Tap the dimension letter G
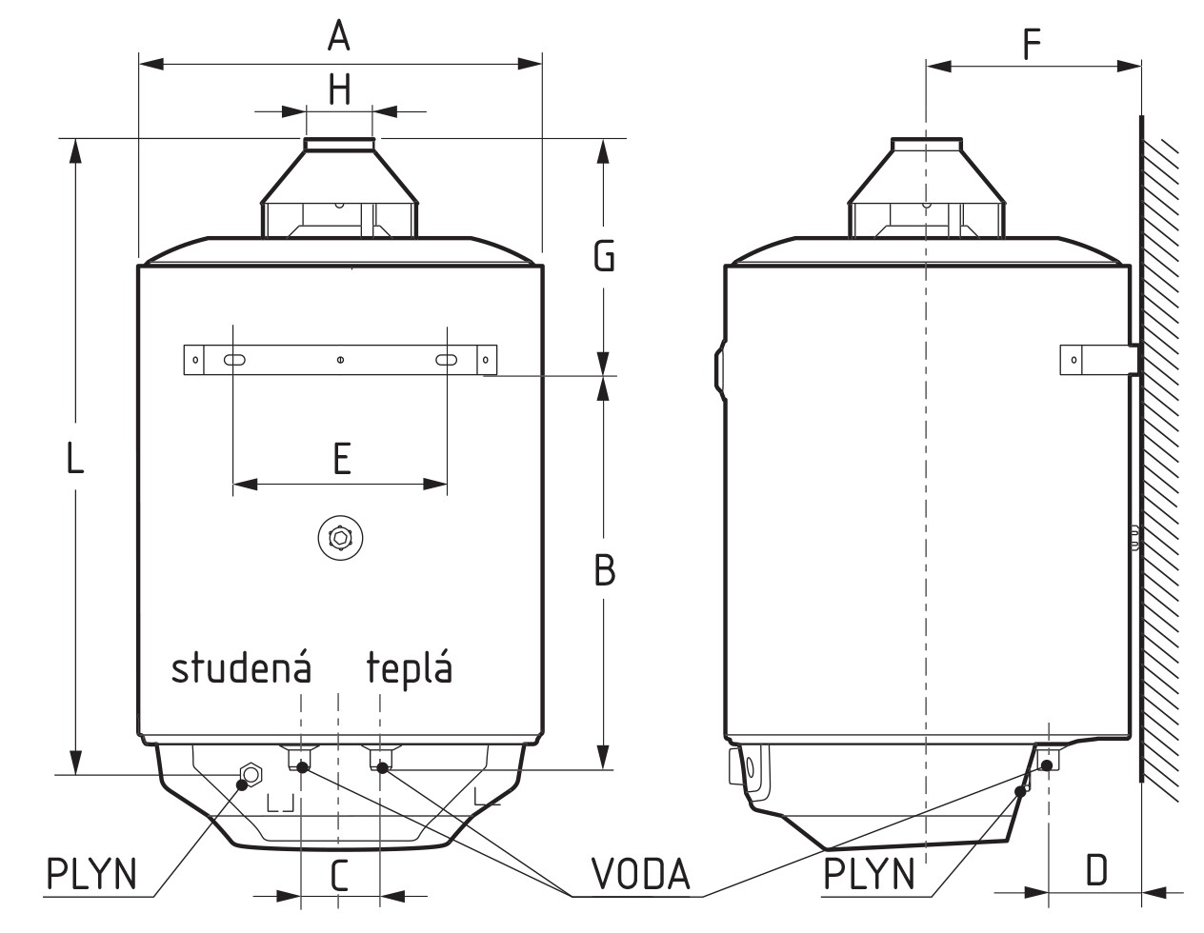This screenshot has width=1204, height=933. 604,256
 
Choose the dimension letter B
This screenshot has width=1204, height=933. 604,570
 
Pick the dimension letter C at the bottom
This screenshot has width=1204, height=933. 339,875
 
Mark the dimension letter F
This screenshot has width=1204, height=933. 1032,44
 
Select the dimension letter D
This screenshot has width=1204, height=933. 1096,869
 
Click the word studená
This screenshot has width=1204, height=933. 241,668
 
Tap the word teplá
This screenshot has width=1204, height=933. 410,669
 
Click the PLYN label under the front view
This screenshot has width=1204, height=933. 92,873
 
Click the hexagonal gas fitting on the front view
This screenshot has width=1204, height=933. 251,774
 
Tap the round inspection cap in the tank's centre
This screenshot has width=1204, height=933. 339,538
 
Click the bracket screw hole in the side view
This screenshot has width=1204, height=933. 1074,360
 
